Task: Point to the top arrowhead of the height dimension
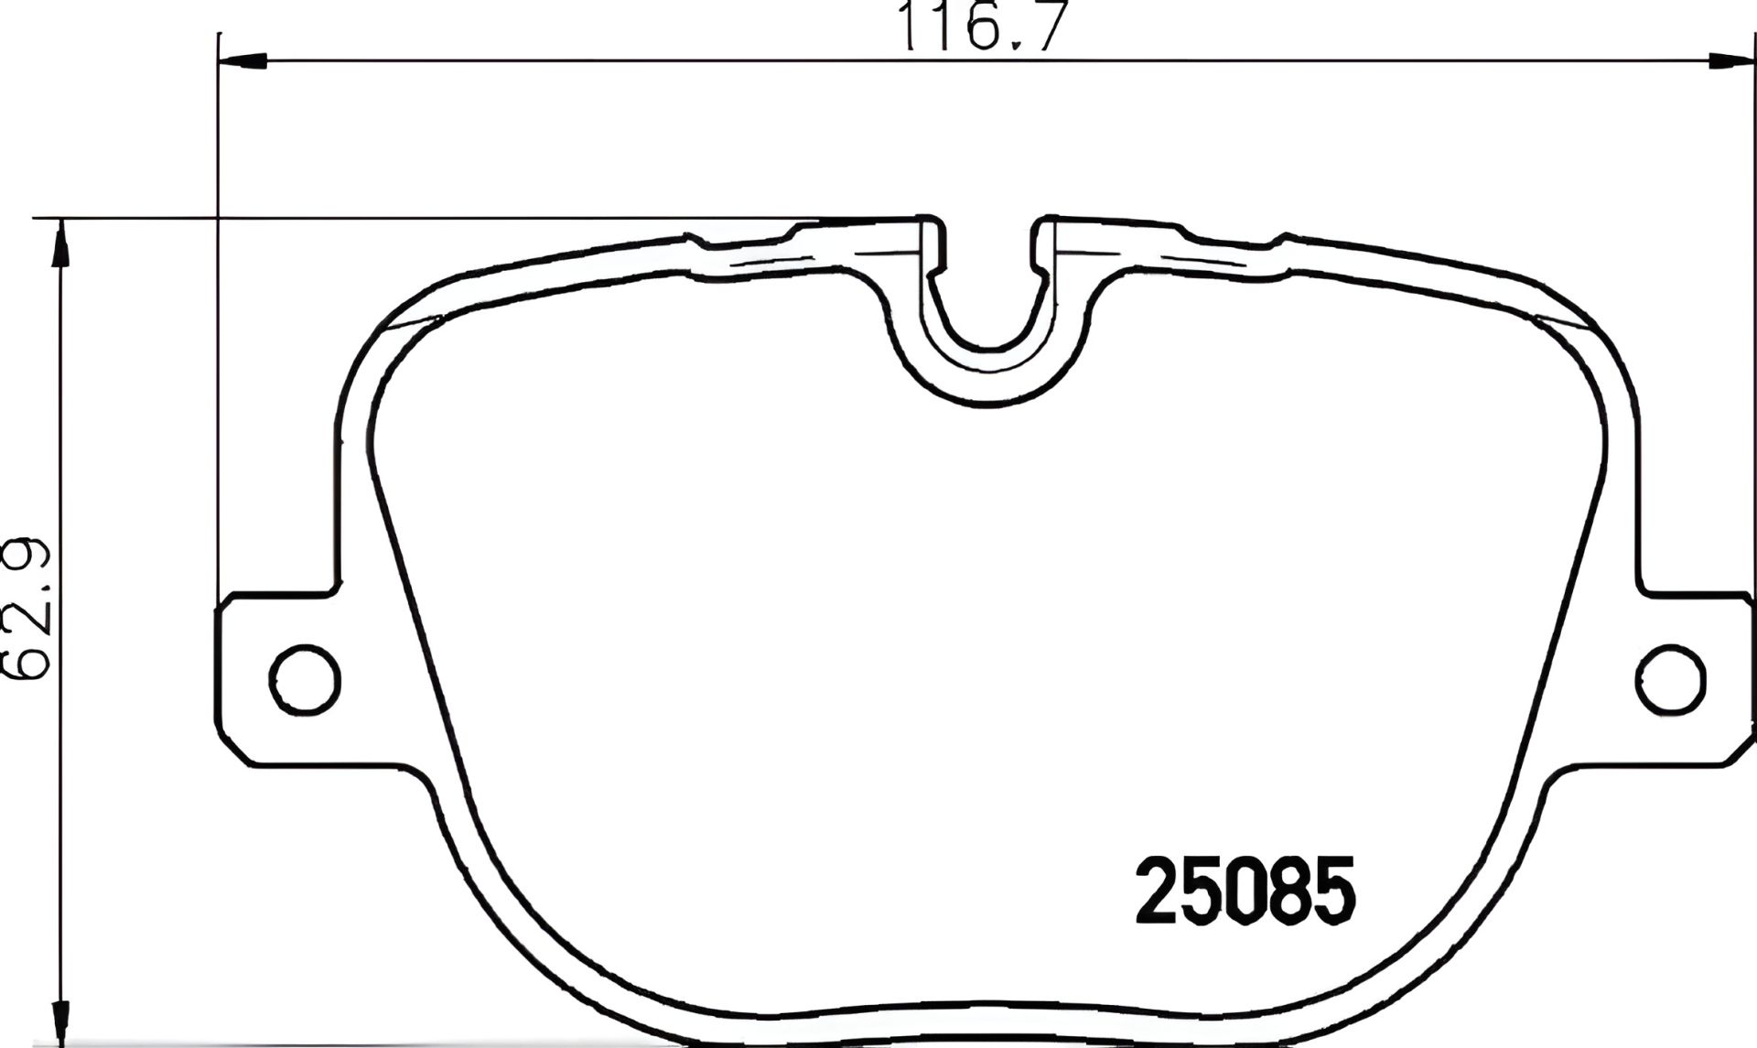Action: [x=60, y=243]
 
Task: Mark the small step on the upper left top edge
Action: [x=700, y=242]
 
